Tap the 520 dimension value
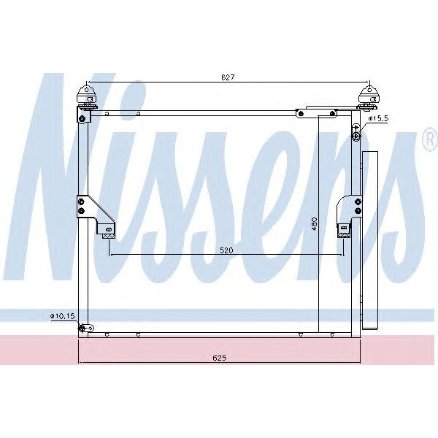(226, 250)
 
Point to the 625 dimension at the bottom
(219, 358)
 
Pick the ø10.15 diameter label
(62, 315)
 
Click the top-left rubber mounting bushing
(87, 96)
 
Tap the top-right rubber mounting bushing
(369, 96)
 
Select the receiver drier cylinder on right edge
(370, 241)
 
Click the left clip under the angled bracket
(109, 232)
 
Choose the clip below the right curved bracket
(342, 232)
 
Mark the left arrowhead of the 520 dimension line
(110, 255)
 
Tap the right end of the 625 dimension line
(361, 363)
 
